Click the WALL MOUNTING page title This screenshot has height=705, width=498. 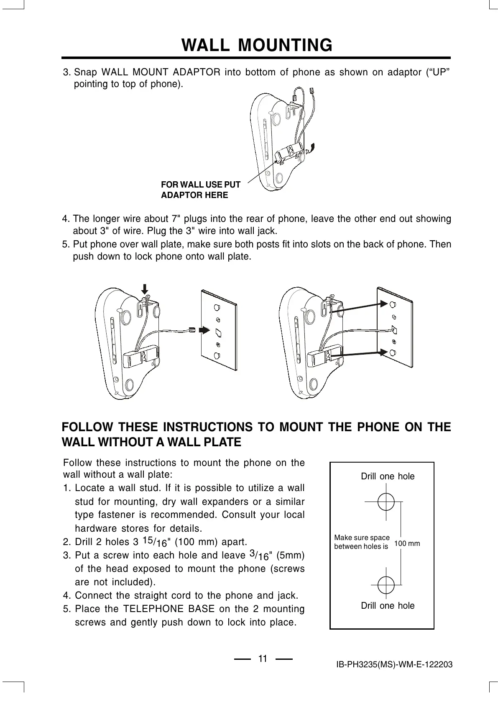pyautogui.click(x=257, y=45)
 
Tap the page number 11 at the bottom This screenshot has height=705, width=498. pyautogui.click(x=262, y=659)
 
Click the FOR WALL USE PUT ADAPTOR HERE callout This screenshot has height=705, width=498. pyautogui.click(x=201, y=190)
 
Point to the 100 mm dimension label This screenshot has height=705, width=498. pyautogui.click(x=407, y=543)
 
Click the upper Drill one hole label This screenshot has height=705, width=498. pyautogui.click(x=388, y=476)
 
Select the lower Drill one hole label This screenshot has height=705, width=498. pyautogui.click(x=388, y=605)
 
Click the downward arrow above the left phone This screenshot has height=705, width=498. pyautogui.click(x=144, y=289)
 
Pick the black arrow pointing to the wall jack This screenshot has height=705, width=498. pyautogui.click(x=204, y=330)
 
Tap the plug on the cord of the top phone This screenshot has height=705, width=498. pyautogui.click(x=312, y=90)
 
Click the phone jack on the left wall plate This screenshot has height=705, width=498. pyautogui.click(x=218, y=333)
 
